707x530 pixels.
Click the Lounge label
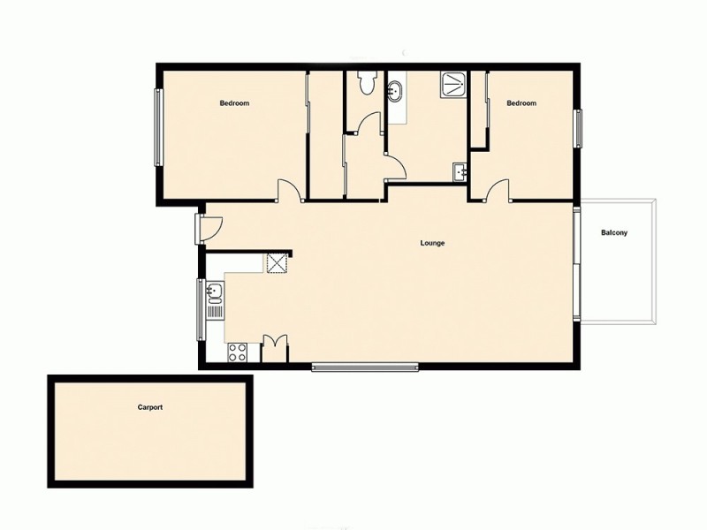point(432,243)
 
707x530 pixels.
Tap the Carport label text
point(150,408)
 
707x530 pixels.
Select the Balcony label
point(614,233)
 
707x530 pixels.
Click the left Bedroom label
point(234,103)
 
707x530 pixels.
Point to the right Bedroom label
point(521,103)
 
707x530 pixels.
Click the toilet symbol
point(365,82)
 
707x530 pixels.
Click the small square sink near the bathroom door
point(459,172)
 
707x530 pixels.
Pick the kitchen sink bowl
point(214,291)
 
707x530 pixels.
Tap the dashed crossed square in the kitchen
point(277,263)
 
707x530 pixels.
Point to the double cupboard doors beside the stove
point(276,347)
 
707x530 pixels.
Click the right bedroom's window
point(579,128)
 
